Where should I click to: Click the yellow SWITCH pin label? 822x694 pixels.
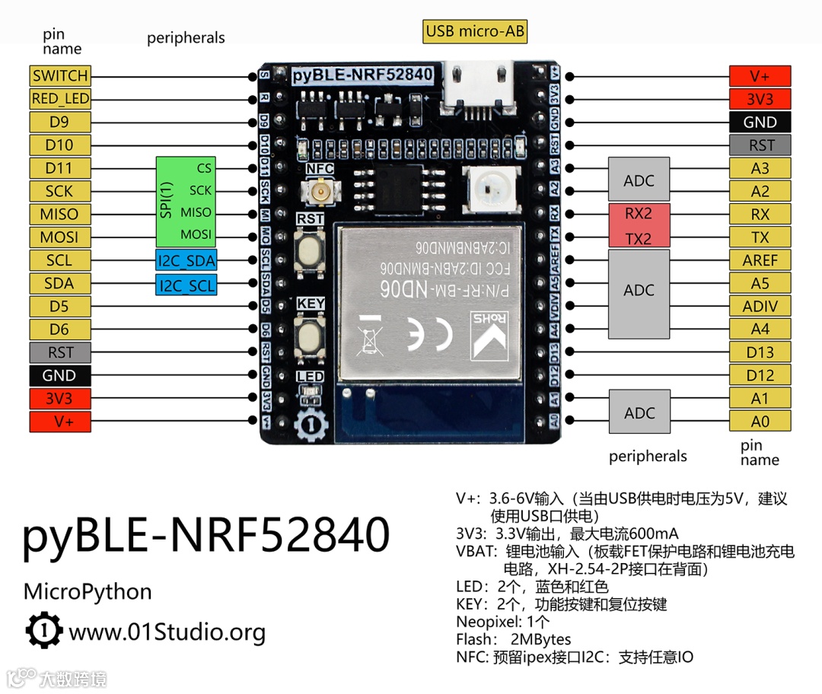tap(60, 76)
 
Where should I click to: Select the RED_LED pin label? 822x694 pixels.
tap(60, 99)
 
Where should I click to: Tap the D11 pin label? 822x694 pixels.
tap(60, 168)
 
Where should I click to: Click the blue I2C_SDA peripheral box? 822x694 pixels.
tap(186, 261)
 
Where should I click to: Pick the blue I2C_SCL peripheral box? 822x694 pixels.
tap(186, 285)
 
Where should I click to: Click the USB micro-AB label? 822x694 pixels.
tap(476, 31)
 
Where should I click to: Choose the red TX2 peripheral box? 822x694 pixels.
tap(639, 238)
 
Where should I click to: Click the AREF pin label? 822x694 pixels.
tap(760, 260)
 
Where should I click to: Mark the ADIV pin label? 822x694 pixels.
tap(760, 307)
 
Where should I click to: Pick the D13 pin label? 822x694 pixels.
tap(760, 352)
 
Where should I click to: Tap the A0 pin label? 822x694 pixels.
tap(760, 422)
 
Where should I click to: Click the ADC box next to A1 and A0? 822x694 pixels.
tap(639, 412)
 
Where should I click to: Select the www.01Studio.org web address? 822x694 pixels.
tap(167, 632)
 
